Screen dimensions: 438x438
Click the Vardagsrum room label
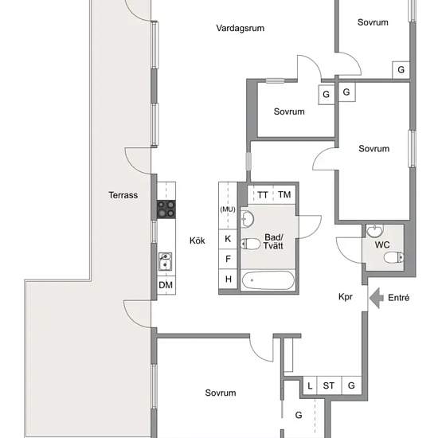(241, 28)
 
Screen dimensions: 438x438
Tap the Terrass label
(123, 195)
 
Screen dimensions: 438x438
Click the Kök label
(197, 241)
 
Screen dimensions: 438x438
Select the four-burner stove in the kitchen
(166, 209)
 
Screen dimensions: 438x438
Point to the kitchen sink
(165, 261)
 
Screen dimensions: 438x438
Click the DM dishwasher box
(166, 285)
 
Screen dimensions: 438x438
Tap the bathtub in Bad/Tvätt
(268, 280)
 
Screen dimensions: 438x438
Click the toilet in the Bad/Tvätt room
(250, 244)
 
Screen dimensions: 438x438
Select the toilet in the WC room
(393, 257)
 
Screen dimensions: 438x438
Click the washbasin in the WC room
(375, 231)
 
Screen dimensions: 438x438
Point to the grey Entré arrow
(376, 298)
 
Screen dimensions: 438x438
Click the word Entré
(399, 298)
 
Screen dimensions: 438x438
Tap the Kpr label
(346, 297)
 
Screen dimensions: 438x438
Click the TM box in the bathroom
(284, 194)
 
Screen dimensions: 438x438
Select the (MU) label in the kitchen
(228, 209)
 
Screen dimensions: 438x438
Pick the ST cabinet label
(328, 385)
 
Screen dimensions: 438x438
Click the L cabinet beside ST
(310, 385)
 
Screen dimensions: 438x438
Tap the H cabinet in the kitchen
(228, 279)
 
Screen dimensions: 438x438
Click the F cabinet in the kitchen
(228, 259)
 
